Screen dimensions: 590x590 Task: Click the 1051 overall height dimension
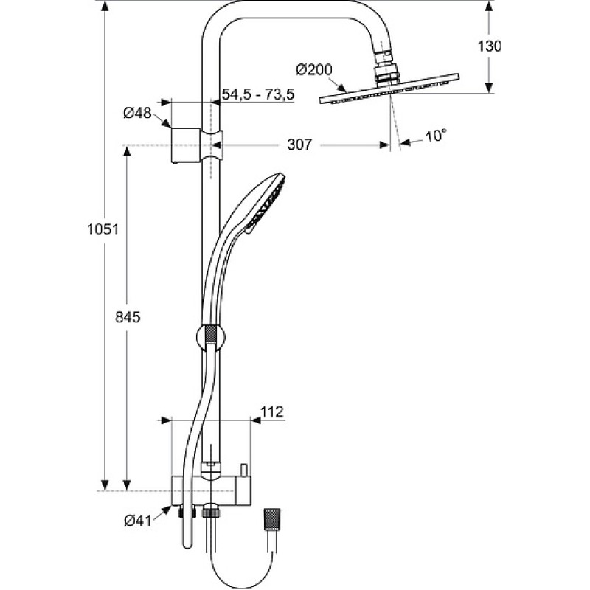(x=103, y=229)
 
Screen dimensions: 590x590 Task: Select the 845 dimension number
(x=128, y=317)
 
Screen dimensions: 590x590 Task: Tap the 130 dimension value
(x=490, y=46)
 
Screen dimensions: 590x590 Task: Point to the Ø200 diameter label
(x=314, y=70)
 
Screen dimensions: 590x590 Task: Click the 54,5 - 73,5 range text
(x=258, y=94)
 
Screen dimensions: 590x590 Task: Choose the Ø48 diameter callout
(x=137, y=113)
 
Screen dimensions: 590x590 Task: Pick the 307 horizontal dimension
(x=299, y=144)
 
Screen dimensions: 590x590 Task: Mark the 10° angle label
(x=436, y=136)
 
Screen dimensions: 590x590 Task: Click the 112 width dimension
(x=272, y=412)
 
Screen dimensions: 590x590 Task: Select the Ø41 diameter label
(x=138, y=521)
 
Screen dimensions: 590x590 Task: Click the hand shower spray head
(x=265, y=204)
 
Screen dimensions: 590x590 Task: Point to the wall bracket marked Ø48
(x=186, y=145)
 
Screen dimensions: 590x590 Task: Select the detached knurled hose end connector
(x=272, y=520)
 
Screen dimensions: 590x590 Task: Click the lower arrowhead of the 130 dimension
(x=489, y=86)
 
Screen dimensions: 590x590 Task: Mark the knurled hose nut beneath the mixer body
(x=209, y=513)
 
